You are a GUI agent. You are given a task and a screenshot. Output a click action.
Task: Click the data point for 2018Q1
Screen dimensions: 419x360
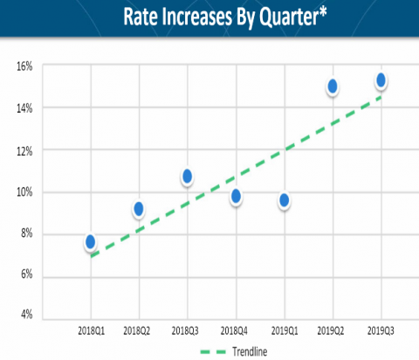pos(91,242)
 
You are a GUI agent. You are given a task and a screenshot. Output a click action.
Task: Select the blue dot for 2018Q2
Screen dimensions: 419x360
pos(139,209)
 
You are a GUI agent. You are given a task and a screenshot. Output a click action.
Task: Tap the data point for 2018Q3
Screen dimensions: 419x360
pos(187,177)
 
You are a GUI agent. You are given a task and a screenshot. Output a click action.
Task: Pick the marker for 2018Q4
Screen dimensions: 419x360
pos(236,197)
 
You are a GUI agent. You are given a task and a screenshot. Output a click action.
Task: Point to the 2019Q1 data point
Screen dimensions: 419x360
pos(285,200)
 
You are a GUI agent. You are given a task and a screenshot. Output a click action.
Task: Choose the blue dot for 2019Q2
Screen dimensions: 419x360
pos(333,87)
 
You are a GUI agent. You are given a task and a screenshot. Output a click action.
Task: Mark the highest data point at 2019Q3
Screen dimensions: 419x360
pos(381,80)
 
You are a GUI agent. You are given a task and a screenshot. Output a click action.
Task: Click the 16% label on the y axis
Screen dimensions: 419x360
pos(24,66)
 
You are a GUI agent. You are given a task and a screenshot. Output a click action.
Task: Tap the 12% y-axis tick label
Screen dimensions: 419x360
pos(24,151)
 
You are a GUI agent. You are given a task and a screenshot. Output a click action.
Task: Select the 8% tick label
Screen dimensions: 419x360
pos(26,233)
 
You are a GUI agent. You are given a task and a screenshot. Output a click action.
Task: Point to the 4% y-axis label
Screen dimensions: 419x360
pos(26,315)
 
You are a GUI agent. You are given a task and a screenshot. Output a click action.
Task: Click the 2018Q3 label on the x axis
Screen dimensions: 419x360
pos(185,331)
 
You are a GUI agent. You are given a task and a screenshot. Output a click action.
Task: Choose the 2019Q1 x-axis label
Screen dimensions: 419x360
pos(285,331)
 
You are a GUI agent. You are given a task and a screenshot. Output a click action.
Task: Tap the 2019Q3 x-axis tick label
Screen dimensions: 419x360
pos(381,331)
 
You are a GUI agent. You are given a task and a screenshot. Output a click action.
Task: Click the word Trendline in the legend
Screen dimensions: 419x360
pos(250,351)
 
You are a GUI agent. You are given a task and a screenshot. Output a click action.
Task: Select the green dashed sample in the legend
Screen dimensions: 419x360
pos(213,352)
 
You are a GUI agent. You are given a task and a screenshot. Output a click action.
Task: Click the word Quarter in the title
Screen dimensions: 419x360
pos(289,17)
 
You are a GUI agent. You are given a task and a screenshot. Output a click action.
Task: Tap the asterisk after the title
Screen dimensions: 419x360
pos(323,12)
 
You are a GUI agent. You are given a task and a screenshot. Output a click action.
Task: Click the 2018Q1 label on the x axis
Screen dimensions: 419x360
pos(91,331)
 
